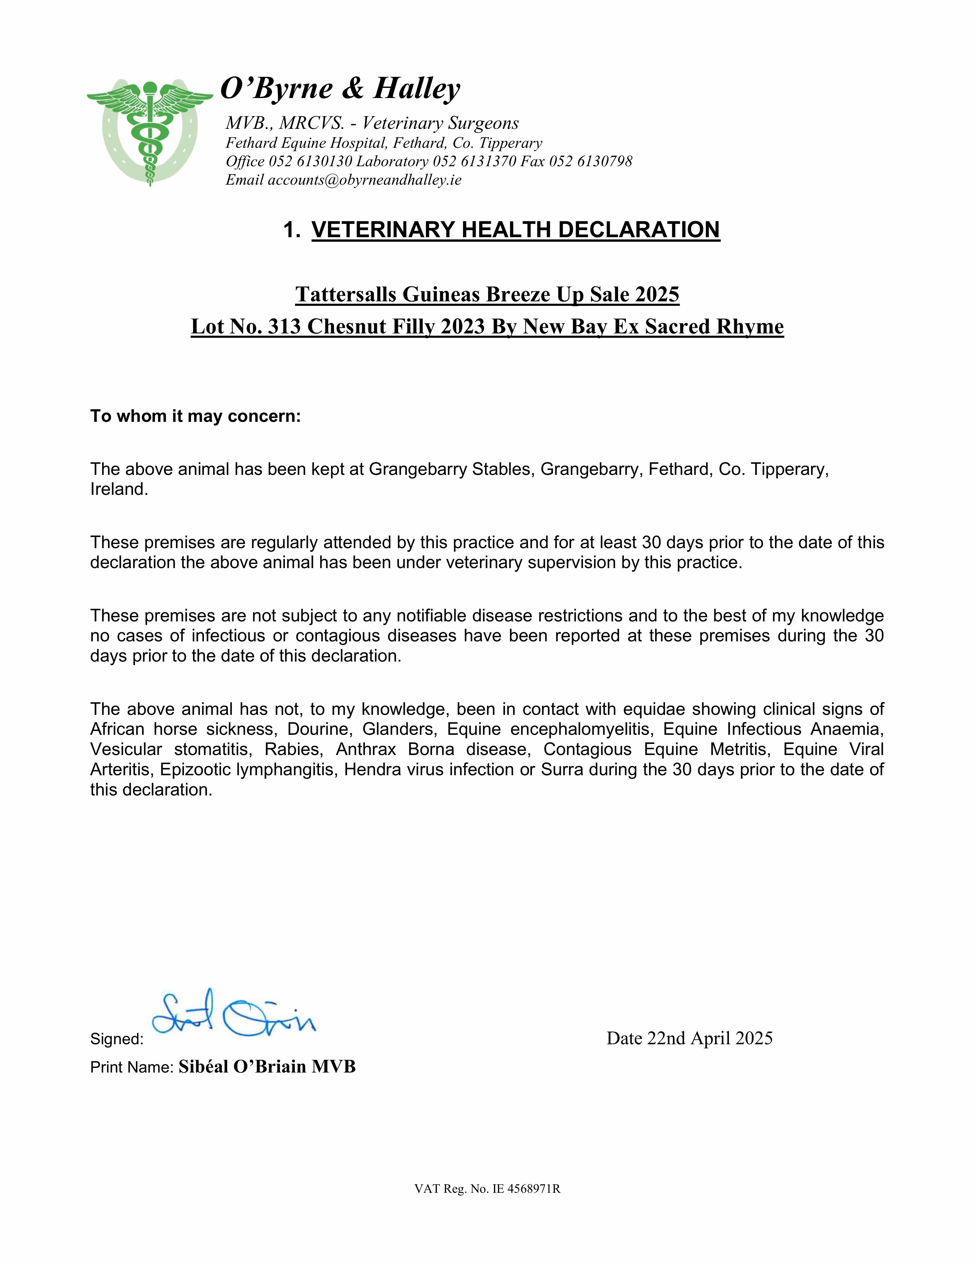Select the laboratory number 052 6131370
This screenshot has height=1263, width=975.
[474, 161]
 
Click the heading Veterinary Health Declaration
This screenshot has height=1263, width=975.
[516, 230]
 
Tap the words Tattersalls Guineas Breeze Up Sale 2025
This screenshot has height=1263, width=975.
[487, 294]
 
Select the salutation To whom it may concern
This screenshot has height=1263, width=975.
[195, 416]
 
